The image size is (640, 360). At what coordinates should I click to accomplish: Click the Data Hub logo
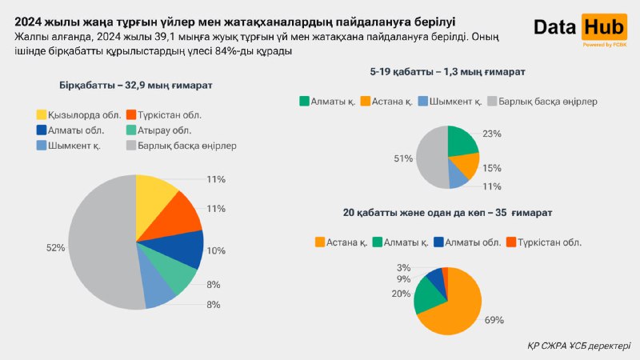(x=580, y=30)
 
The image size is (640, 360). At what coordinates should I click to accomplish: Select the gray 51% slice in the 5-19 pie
(x=432, y=157)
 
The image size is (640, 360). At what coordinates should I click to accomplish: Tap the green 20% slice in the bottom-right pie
(x=429, y=298)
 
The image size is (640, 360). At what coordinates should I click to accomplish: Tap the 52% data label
(x=55, y=248)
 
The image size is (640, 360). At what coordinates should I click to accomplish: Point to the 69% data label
(x=494, y=320)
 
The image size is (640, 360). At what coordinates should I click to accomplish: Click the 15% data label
(x=492, y=168)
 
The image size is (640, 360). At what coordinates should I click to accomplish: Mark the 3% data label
(x=403, y=267)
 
